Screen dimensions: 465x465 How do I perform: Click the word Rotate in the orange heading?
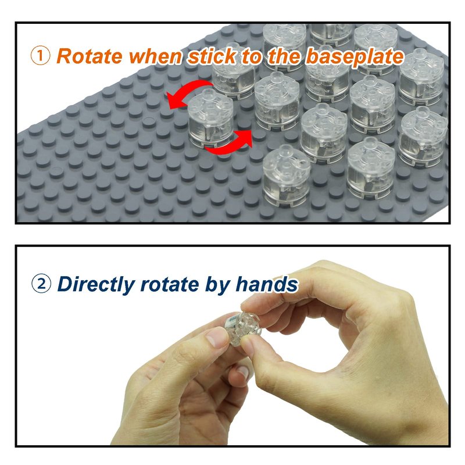point(90,56)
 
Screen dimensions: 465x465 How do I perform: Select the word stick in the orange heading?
point(212,56)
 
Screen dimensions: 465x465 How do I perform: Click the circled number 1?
point(40,56)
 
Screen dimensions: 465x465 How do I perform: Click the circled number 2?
point(41,283)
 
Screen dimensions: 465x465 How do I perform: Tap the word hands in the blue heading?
point(267,284)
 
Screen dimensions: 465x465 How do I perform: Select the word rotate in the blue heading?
point(170,284)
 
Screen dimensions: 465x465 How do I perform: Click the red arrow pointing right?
point(230,145)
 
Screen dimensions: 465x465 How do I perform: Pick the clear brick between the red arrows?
point(210,119)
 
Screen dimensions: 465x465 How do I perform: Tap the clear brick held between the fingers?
point(242,328)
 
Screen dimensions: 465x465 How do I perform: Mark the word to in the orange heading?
point(252,56)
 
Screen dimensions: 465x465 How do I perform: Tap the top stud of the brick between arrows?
point(208,95)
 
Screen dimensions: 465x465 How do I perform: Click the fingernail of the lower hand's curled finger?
point(243,372)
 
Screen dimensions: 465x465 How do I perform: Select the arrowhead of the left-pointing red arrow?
point(173,100)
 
